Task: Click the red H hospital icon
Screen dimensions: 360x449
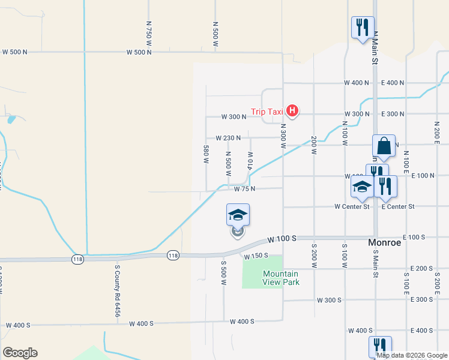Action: (292, 110)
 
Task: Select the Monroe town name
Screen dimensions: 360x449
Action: (385, 243)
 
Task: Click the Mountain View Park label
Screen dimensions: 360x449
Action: (280, 278)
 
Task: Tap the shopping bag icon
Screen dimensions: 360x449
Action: (384, 146)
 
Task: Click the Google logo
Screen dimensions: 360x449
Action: (20, 353)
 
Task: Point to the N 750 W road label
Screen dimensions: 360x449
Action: (149, 32)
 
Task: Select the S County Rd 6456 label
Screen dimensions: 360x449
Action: (118, 293)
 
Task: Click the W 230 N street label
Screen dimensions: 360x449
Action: (228, 138)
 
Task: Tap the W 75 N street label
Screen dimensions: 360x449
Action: (244, 189)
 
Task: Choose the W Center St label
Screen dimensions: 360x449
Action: (352, 207)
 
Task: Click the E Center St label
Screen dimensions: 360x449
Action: (398, 207)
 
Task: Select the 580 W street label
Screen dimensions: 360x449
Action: (206, 154)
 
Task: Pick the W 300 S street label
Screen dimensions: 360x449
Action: (329, 300)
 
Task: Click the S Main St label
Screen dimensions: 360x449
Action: (376, 265)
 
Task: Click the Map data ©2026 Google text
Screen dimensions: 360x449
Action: (412, 355)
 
